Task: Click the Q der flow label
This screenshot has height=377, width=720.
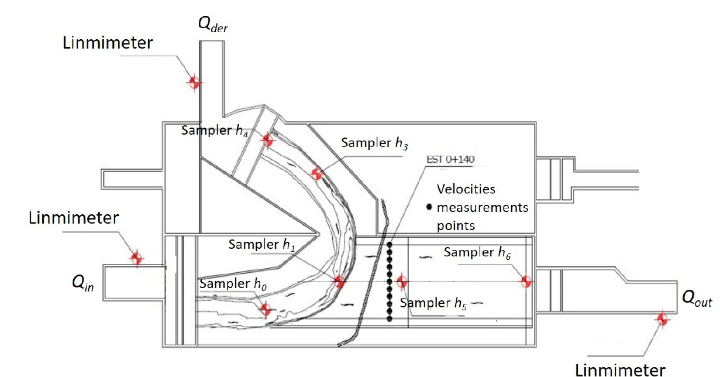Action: click(x=213, y=25)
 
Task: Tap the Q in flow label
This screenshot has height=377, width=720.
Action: click(x=83, y=283)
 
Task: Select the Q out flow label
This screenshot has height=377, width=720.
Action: click(x=697, y=299)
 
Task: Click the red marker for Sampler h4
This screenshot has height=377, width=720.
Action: click(x=267, y=140)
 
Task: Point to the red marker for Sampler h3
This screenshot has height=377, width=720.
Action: click(x=316, y=174)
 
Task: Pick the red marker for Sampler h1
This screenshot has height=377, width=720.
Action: click(x=339, y=282)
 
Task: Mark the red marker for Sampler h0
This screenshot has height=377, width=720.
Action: click(x=266, y=310)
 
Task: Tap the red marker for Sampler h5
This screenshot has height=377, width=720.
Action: click(x=402, y=282)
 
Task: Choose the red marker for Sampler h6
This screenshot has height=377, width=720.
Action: click(x=526, y=282)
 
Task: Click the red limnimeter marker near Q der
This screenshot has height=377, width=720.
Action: click(x=194, y=83)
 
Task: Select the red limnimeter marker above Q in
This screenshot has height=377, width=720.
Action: click(x=137, y=258)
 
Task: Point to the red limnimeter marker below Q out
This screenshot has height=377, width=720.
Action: click(x=662, y=320)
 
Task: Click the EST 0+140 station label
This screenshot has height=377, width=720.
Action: click(x=450, y=159)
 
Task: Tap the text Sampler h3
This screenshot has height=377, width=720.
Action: click(x=374, y=143)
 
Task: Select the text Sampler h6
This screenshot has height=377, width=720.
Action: click(x=477, y=252)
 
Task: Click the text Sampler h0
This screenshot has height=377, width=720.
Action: click(x=233, y=284)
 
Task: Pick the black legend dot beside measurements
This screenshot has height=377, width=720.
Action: click(x=429, y=207)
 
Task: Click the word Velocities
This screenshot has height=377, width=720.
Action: click(x=466, y=189)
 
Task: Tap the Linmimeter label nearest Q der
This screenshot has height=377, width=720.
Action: click(x=108, y=43)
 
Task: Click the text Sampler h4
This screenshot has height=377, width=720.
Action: click(x=215, y=131)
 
